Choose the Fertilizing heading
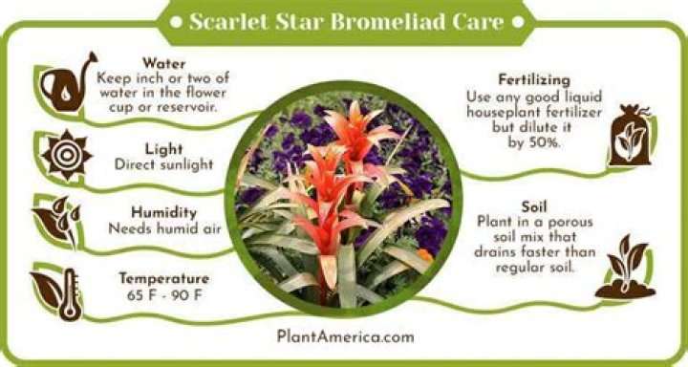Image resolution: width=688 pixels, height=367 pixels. (534, 80)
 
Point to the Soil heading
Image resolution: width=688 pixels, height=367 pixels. (534, 205)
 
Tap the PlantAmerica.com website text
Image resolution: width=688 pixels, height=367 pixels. (345, 335)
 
